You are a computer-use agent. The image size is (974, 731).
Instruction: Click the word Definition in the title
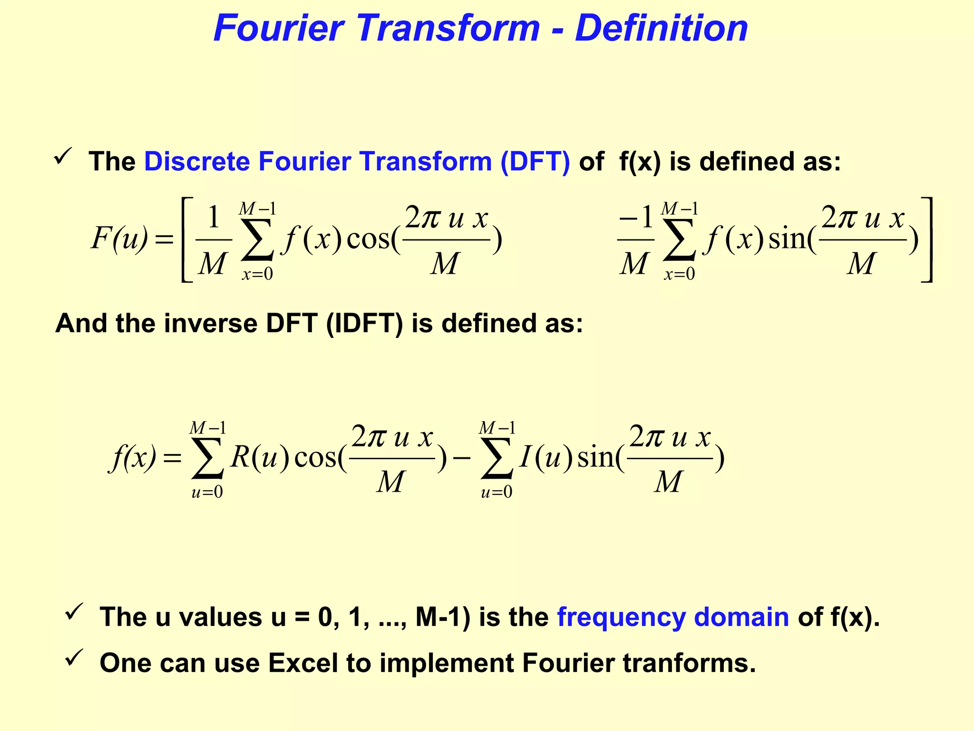pos(661,29)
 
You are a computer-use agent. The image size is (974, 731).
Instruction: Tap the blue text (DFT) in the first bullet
pos(535,161)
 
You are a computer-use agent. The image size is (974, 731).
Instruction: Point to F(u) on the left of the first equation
pos(119,238)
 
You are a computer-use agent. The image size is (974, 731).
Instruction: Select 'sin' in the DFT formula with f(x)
pos(787,239)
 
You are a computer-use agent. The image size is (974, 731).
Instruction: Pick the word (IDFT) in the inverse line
pos(364,324)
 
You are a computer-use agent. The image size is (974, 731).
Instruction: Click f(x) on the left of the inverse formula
pos(132,458)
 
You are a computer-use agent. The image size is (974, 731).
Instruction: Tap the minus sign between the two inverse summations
pos(461,458)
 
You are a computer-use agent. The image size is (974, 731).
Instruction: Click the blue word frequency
pos(621,617)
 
